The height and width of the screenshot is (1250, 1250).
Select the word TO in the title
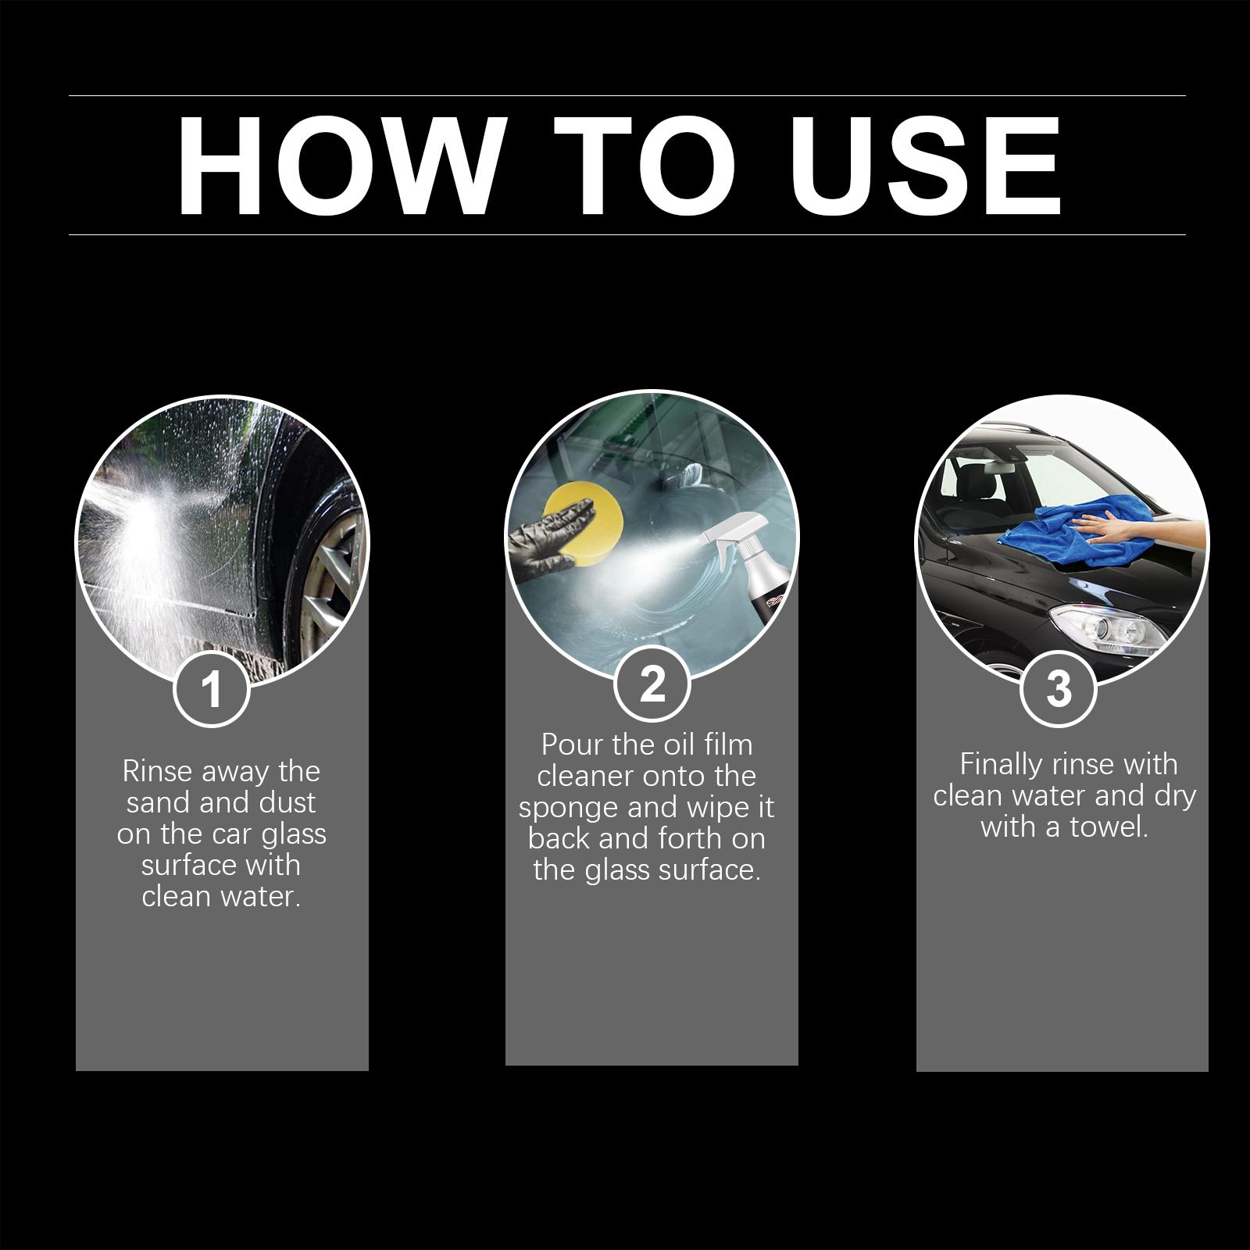(x=645, y=166)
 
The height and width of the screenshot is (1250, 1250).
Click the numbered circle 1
(x=211, y=689)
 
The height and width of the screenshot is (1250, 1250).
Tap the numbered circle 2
(x=652, y=684)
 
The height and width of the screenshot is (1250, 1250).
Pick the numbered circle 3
(x=1059, y=688)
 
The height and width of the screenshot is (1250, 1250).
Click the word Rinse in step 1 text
(x=156, y=772)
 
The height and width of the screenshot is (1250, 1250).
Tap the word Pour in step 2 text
(x=573, y=745)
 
